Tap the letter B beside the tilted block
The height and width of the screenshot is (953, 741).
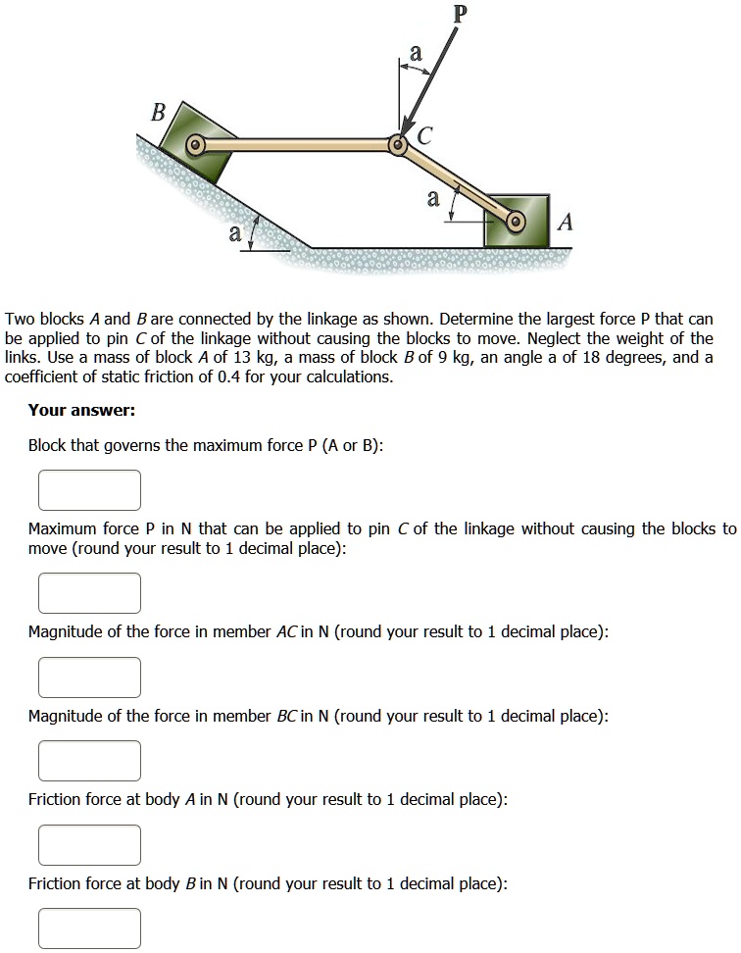point(156,112)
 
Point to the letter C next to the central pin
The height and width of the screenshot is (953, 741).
point(423,137)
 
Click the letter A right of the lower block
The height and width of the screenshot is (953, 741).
point(564,224)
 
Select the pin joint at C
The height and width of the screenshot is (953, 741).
point(398,145)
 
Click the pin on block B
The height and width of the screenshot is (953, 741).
point(195,146)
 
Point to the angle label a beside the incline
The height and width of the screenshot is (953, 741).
point(233,233)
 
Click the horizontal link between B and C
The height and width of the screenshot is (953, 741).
point(294,145)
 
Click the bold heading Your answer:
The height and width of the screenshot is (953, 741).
point(81,410)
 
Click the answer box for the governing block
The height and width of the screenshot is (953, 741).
point(90,490)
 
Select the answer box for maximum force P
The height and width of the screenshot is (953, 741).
point(90,593)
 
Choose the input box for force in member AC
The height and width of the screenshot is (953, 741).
point(90,677)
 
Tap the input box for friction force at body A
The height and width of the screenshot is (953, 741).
point(90,844)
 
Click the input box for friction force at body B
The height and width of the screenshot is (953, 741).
point(90,928)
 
